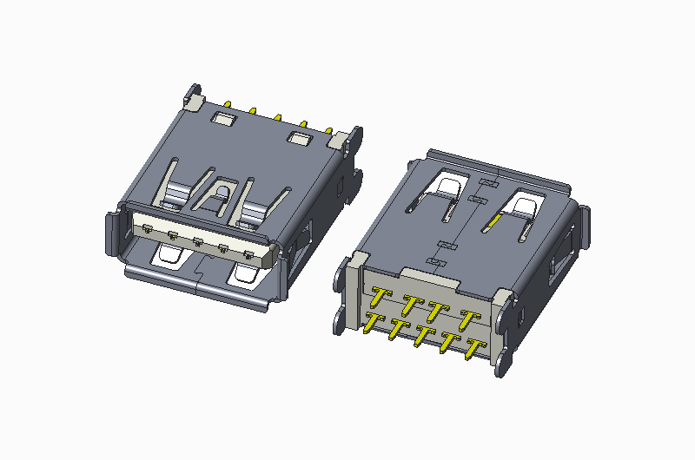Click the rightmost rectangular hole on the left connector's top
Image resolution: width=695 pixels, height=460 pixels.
[x=300, y=139]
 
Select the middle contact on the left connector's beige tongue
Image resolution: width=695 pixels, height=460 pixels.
[x=198, y=242]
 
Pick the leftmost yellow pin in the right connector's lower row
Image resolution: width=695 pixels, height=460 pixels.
[x=372, y=324]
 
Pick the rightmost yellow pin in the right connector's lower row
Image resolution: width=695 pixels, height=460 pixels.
[x=474, y=350]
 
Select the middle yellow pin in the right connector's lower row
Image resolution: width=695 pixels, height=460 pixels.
[x=422, y=337]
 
